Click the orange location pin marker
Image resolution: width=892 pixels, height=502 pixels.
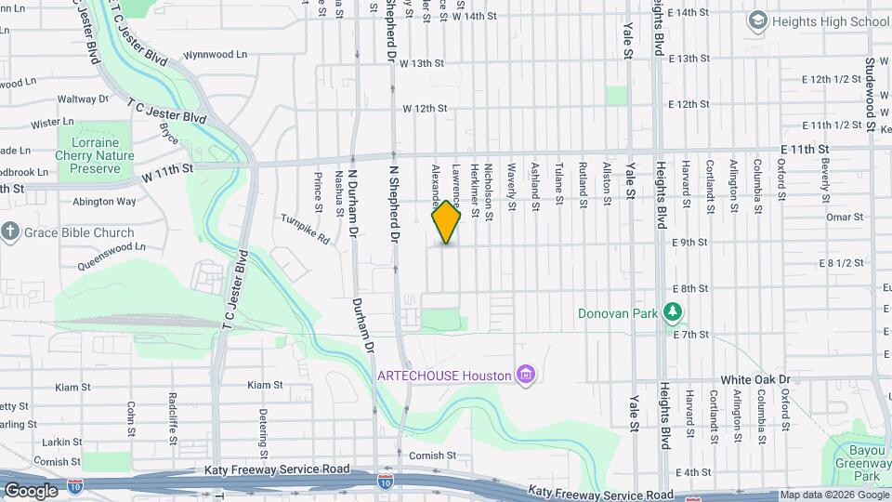447,222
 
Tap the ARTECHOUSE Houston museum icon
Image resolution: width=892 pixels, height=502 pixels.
527,376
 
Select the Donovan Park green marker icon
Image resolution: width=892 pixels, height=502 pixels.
674,313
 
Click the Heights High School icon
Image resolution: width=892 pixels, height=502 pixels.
758,20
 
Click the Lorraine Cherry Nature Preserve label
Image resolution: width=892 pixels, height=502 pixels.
95,155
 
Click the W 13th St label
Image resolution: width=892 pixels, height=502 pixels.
424,63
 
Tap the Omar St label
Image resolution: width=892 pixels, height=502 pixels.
845,217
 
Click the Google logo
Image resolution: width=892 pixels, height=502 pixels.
31,490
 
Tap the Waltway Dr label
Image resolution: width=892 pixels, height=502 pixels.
84,99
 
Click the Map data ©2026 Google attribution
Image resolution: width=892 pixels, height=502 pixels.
833,495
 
